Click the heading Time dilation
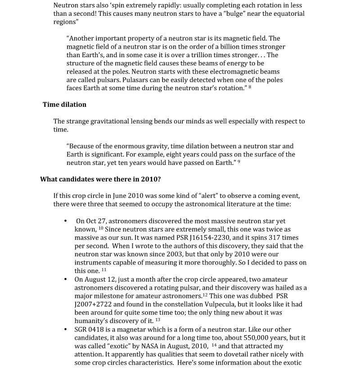pyautogui.click(x=64, y=105)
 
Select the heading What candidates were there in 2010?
pyautogui.click(x=100, y=179)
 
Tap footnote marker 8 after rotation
pyautogui.click(x=250, y=87)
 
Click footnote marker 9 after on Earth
pyautogui.click(x=238, y=161)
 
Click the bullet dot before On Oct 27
pyautogui.click(x=66, y=221)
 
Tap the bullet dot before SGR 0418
pyautogui.click(x=66, y=329)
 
